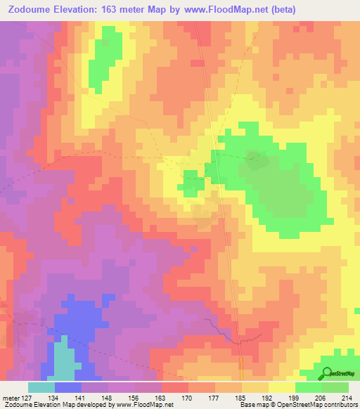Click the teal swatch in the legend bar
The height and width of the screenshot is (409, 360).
41,387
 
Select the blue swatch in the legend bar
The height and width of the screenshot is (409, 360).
68,387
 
